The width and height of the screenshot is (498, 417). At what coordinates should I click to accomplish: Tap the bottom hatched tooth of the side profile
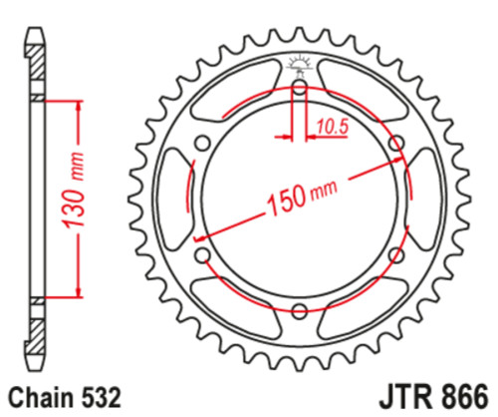point(36,334)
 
